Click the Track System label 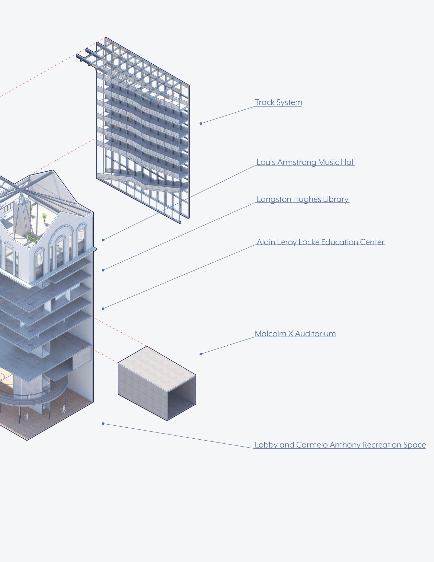(x=279, y=102)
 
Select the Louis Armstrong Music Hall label (x=306, y=162)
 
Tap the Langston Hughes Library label (x=303, y=200)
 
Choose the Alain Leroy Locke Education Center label (x=321, y=242)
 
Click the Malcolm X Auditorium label (x=295, y=334)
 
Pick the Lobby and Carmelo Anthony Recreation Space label (x=340, y=445)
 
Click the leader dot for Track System (x=201, y=124)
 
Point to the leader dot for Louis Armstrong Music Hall (x=103, y=240)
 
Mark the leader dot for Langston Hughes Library (x=103, y=270)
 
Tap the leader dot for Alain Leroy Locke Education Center (x=103, y=309)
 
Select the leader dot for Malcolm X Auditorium (x=201, y=354)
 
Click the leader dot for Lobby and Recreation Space (x=103, y=424)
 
